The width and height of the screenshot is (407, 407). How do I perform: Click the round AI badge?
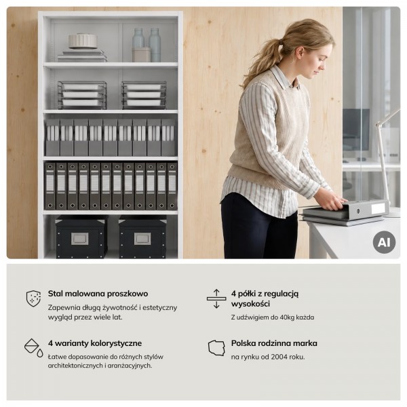pyautogui.click(x=384, y=242)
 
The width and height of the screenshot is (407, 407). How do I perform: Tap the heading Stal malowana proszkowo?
pyautogui.click(x=98, y=294)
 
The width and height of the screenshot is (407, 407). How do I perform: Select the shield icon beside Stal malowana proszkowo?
pyautogui.click(x=33, y=298)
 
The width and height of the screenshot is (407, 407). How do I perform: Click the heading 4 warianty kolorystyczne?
pyautogui.click(x=95, y=343)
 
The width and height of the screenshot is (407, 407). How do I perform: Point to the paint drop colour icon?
pyautogui.click(x=33, y=347)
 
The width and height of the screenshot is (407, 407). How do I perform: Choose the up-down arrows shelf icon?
pyautogui.click(x=216, y=298)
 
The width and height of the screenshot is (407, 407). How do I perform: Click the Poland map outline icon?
pyautogui.click(x=216, y=347)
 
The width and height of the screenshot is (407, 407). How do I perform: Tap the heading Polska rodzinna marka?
pyautogui.click(x=274, y=343)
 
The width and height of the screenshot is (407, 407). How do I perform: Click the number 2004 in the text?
pyautogui.click(x=279, y=357)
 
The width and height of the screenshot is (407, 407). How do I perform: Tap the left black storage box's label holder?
pyautogui.click(x=79, y=239)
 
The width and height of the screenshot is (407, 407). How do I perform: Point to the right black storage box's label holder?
pyautogui.click(x=142, y=239)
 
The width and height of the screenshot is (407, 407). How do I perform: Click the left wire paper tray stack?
pyautogui.click(x=82, y=95)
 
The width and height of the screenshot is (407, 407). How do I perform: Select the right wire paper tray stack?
pyautogui.click(x=144, y=95)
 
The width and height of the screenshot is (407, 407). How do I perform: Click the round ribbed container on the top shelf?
pyautogui.click(x=83, y=41)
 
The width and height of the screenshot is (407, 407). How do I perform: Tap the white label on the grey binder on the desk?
pyautogui.click(x=378, y=208)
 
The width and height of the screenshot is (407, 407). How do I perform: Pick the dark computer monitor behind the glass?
pyautogui.click(x=356, y=130)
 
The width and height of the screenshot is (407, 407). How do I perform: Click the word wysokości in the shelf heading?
pyautogui.click(x=250, y=304)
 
